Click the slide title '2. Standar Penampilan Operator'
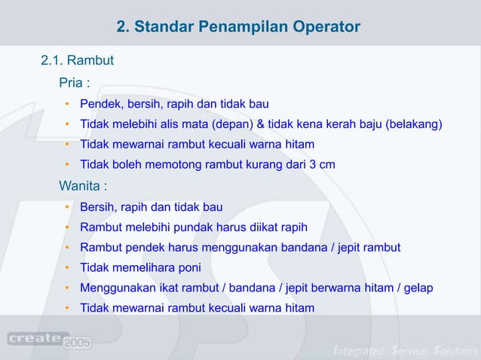click(x=239, y=28)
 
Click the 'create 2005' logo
click(x=50, y=340)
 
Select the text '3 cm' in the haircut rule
click(x=322, y=164)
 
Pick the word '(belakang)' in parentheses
click(x=414, y=124)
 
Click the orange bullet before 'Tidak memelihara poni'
click(x=67, y=267)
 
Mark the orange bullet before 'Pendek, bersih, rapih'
click(x=67, y=103)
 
